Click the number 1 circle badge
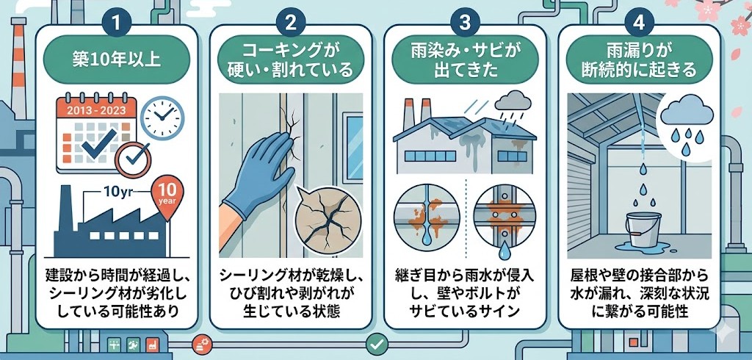pyautogui.click(x=116, y=24)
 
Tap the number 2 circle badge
pyautogui.click(x=291, y=24)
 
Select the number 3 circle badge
pyautogui.click(x=465, y=24)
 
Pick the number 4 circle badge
pyautogui.click(x=639, y=24)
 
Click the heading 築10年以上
pyautogui.click(x=117, y=62)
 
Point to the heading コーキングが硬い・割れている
pyautogui.click(x=291, y=62)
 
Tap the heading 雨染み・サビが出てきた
pyautogui.click(x=465, y=62)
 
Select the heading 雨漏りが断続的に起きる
pyautogui.click(x=640, y=62)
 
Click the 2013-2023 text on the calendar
pyautogui.click(x=97, y=109)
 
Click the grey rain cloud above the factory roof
pyautogui.click(x=513, y=102)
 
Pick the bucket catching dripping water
pyautogui.click(x=643, y=230)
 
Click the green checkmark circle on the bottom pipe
pyautogui.click(x=377, y=344)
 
